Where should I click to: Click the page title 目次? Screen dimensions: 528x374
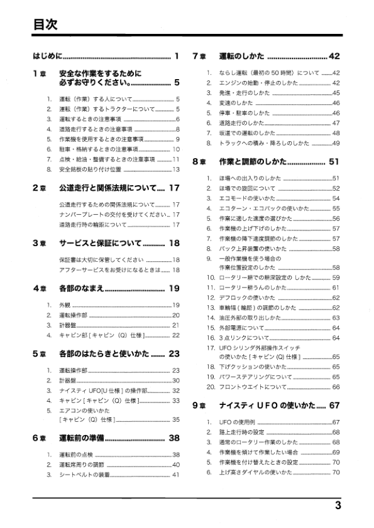point(45,24)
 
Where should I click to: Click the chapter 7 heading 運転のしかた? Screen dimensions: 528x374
point(241,57)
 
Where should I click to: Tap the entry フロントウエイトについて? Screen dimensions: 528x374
point(250,387)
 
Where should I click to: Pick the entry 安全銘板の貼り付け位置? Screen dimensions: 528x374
point(89,169)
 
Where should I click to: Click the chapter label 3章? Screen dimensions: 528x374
point(39,242)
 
